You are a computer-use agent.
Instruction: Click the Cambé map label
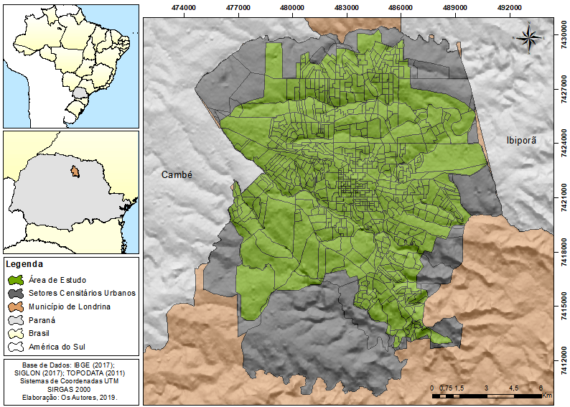click(178, 174)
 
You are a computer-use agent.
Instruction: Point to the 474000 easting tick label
click(184, 6)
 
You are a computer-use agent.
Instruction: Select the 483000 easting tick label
click(347, 6)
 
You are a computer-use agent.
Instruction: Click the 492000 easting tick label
click(509, 6)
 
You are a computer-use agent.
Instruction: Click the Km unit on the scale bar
click(546, 396)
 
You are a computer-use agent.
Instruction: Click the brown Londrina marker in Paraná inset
click(73, 172)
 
